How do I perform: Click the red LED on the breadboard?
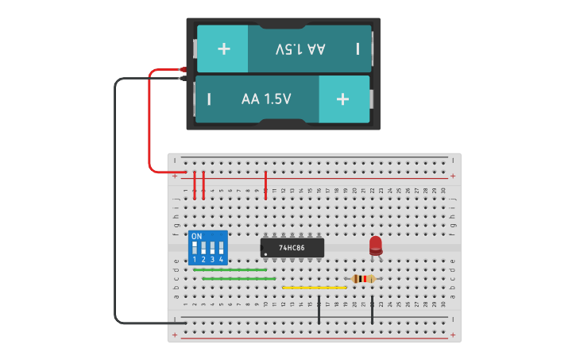click(376, 245)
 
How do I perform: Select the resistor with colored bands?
click(364, 278)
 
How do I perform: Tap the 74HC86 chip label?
click(292, 248)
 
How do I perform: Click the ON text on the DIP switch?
click(197, 237)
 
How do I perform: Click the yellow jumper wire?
click(315, 288)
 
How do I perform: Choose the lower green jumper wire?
click(239, 279)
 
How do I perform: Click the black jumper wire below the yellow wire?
click(319, 310)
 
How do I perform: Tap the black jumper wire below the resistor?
click(373, 310)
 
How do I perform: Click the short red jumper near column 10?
click(265, 184)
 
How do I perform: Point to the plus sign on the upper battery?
click(223, 48)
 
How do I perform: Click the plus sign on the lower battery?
click(342, 99)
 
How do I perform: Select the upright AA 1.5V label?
click(266, 99)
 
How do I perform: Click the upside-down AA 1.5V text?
click(300, 48)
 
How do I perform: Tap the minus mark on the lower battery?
click(209, 99)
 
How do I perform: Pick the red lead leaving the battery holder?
click(149, 119)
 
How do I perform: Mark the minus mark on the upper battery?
click(358, 48)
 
